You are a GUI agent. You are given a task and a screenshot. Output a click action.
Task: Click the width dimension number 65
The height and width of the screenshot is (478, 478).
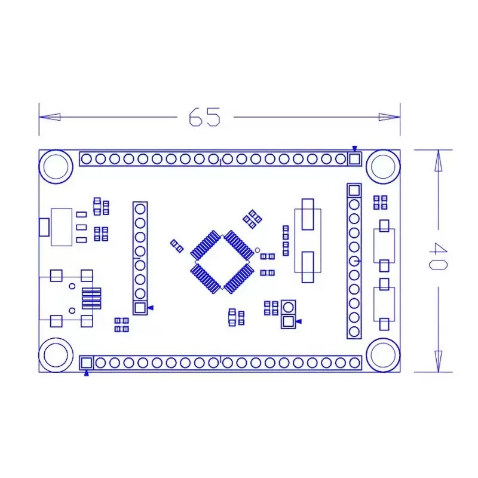point(205,117)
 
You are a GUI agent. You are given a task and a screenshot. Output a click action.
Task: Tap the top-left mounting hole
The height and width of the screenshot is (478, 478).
point(55,166)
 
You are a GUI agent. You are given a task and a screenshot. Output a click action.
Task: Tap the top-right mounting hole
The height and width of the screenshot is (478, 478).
point(383,166)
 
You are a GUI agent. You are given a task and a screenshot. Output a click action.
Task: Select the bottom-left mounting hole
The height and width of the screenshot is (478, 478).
point(55,356)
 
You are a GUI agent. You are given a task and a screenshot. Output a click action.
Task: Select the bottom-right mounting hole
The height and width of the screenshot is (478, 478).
point(383,356)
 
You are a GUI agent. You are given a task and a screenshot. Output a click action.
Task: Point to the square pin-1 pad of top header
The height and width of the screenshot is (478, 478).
point(354,159)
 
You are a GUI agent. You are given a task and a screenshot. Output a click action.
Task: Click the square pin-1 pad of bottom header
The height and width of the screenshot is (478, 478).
point(86,363)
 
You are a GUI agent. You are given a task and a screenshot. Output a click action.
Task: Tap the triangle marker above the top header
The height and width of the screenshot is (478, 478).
point(354,148)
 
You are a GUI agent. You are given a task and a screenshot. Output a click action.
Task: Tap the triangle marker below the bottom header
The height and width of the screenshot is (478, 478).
point(87,373)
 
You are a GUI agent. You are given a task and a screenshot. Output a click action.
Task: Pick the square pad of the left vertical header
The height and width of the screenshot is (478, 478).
point(140,308)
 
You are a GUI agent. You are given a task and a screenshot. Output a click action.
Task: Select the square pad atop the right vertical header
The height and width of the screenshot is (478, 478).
point(354,191)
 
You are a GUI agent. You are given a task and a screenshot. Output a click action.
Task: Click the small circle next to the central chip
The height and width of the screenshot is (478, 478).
point(258,250)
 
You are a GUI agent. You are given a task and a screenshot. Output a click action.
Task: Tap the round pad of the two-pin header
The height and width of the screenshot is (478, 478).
point(288,307)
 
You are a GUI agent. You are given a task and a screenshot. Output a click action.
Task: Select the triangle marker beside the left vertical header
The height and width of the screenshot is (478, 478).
point(151,308)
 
